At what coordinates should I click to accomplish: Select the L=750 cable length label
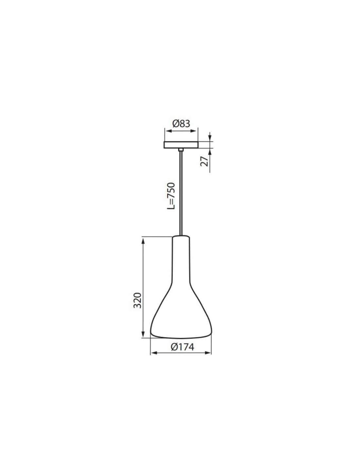tap(171, 196)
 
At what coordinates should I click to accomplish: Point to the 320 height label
tap(137, 300)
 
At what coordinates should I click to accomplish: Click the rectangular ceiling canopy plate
tap(181, 145)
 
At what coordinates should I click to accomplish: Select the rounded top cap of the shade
tap(181, 237)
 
